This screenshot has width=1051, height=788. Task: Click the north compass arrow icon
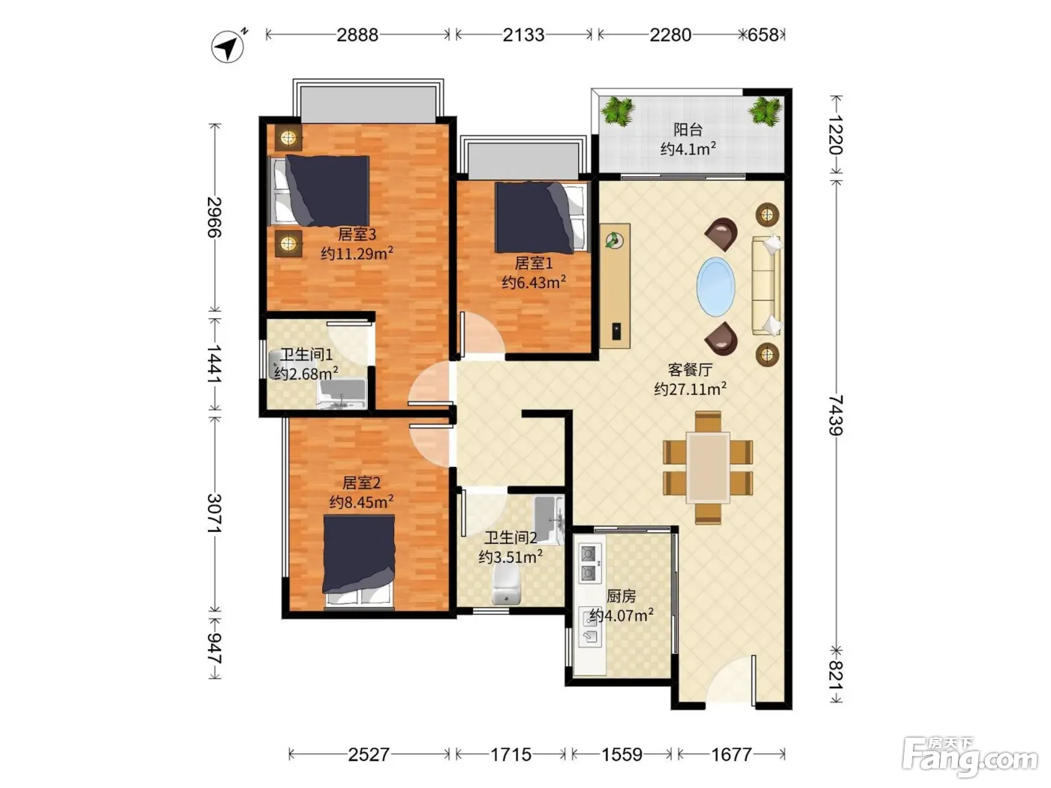228,47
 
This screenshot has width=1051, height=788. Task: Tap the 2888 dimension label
357,35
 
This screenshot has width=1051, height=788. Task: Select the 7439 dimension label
836,415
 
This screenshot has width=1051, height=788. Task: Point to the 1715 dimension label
511,754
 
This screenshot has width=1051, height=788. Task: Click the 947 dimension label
214,648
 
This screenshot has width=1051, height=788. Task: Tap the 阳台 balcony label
688,130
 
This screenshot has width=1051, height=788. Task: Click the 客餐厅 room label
690,369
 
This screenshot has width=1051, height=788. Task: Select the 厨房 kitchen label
621,596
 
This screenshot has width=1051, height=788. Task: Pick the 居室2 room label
362,483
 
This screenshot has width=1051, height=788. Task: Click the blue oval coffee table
716,287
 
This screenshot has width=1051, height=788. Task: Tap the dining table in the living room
708,468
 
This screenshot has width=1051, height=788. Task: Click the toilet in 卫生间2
506,584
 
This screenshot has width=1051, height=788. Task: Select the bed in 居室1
541,217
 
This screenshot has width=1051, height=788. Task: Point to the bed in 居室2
359,561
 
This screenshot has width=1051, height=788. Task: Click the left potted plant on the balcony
618,112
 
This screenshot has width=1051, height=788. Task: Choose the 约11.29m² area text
357,253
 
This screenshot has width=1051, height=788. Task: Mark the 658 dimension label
763,35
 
